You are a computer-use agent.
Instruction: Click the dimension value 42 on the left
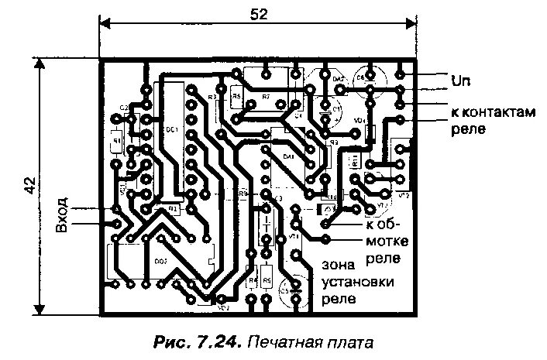click(29, 186)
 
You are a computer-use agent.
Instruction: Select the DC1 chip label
click(172, 129)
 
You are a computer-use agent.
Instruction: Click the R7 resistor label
click(266, 97)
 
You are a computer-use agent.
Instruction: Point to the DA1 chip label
click(289, 156)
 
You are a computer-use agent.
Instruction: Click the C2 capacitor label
click(124, 108)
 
